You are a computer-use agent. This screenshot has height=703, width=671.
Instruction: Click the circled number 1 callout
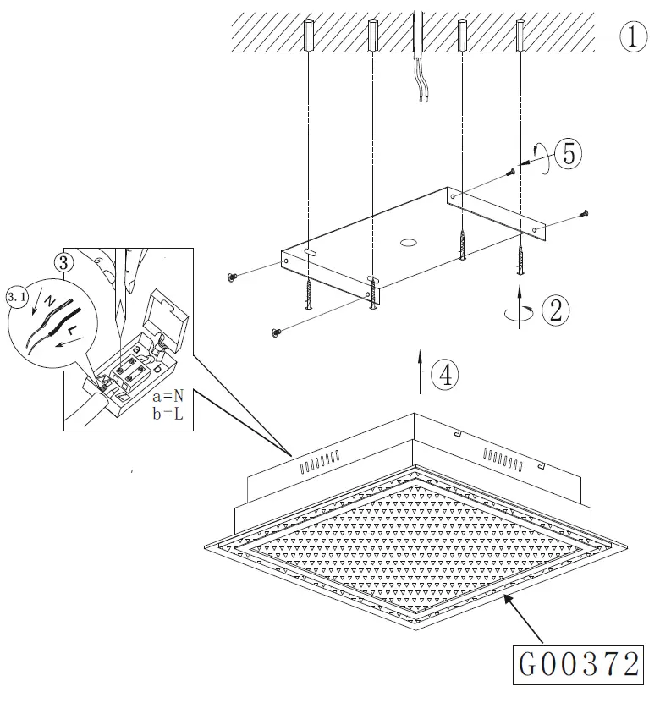tap(633, 36)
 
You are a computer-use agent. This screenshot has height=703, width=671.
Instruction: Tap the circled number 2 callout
tap(555, 309)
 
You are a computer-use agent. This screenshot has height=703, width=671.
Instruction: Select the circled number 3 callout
tap(63, 261)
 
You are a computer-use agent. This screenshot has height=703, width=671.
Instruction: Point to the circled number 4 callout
tap(446, 374)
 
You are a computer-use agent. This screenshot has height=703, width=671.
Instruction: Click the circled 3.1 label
tap(17, 297)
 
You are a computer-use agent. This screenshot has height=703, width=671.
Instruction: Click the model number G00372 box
tap(580, 665)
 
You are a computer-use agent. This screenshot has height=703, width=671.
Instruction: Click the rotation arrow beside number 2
tap(519, 310)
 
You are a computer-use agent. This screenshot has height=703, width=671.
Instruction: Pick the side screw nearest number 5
tap(511, 173)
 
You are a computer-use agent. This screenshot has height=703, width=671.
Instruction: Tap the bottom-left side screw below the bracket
tap(274, 332)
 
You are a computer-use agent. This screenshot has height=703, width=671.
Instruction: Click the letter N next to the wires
tap(50, 301)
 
